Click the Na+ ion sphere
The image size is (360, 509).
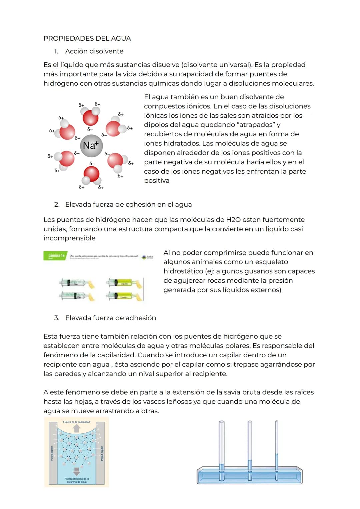tap(91, 146)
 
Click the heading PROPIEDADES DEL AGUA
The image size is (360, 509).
tap(87, 38)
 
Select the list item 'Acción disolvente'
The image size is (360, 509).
tap(94, 51)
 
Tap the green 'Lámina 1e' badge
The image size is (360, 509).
tap(55, 256)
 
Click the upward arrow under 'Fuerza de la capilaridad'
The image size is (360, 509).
tap(77, 428)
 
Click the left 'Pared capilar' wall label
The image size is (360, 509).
tap(52, 453)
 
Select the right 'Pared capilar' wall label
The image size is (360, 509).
tap(102, 453)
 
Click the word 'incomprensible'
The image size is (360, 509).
tap(69, 238)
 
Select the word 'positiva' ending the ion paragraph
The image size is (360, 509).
tap(157, 181)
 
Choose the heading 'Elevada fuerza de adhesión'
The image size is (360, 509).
tap(110, 318)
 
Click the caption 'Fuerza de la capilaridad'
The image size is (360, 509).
tap(76, 422)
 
